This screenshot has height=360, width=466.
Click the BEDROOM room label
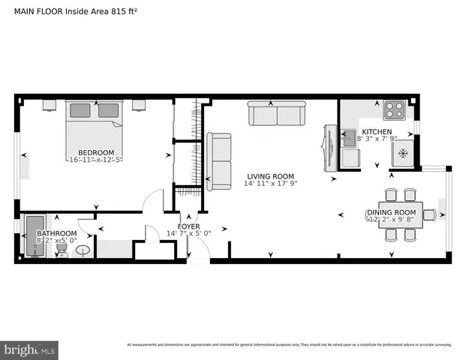tap(96, 152)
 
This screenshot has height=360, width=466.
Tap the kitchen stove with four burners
tap(395, 111)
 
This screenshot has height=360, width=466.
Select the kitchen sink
tap(349, 137)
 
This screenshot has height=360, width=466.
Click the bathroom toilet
tap(63, 250)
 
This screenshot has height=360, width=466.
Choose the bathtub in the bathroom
tap(35, 235)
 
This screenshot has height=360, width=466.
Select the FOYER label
tap(188, 226)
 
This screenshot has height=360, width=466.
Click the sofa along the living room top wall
tap(277, 115)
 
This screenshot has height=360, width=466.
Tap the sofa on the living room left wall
tap(219, 160)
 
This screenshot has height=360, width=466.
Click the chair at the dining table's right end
tap(429, 214)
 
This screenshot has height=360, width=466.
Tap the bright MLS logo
tap(30, 349)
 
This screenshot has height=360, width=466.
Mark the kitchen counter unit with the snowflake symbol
tap(403, 153)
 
